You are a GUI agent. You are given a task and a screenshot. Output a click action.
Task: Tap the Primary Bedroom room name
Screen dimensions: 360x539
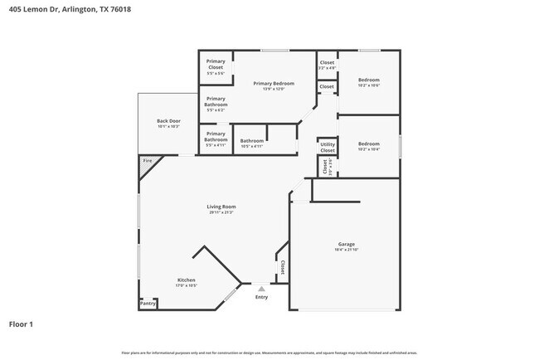tap(274, 84)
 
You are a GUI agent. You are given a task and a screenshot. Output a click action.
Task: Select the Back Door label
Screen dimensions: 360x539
tap(168, 121)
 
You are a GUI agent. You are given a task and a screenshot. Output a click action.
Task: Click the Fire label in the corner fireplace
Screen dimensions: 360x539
tap(147, 160)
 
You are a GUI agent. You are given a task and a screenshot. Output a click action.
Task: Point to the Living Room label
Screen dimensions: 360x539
tap(221, 207)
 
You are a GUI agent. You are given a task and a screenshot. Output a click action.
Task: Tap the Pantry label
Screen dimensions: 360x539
tap(148, 304)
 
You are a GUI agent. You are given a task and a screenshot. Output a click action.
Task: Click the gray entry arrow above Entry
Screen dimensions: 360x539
tap(261, 289)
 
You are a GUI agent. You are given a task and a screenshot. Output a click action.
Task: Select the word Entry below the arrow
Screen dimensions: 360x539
tap(261, 297)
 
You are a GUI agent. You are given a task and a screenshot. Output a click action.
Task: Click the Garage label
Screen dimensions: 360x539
tap(346, 245)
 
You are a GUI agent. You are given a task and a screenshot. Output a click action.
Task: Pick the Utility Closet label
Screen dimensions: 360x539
tap(327, 147)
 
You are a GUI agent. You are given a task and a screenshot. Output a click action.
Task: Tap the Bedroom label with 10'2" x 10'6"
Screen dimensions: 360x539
tap(368, 80)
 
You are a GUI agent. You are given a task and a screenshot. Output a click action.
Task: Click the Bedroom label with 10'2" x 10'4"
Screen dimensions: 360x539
tap(368, 144)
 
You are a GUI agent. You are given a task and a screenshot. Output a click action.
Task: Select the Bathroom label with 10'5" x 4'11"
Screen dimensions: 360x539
tap(252, 140)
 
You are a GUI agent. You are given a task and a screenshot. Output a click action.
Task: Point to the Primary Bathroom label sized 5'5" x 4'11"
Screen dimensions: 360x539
tap(216, 136)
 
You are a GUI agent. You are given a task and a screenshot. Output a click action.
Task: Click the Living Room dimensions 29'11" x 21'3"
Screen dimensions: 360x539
tap(221, 213)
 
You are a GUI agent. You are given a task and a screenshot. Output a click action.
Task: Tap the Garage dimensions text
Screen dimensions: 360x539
tap(346, 251)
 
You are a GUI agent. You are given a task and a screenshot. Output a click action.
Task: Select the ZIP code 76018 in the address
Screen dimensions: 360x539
tap(119, 9)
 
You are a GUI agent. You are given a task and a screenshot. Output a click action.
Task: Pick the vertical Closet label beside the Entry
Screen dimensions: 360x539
tap(282, 267)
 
